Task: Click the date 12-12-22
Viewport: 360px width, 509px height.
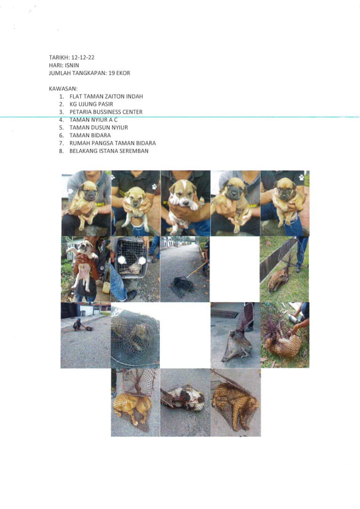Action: (83, 57)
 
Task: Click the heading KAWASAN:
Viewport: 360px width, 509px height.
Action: (63, 89)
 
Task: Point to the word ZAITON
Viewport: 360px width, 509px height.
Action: (115, 97)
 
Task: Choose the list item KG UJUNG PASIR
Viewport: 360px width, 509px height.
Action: (91, 104)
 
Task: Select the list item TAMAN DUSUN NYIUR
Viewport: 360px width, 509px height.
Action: (98, 128)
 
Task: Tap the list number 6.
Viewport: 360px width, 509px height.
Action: (61, 135)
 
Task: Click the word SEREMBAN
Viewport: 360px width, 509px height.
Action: (134, 151)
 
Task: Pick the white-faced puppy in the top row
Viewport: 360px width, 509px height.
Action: (183, 205)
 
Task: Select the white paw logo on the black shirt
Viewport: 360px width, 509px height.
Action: (154, 187)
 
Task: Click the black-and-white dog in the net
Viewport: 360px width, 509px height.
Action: (183, 398)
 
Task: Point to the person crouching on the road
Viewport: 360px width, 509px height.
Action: (77, 325)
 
